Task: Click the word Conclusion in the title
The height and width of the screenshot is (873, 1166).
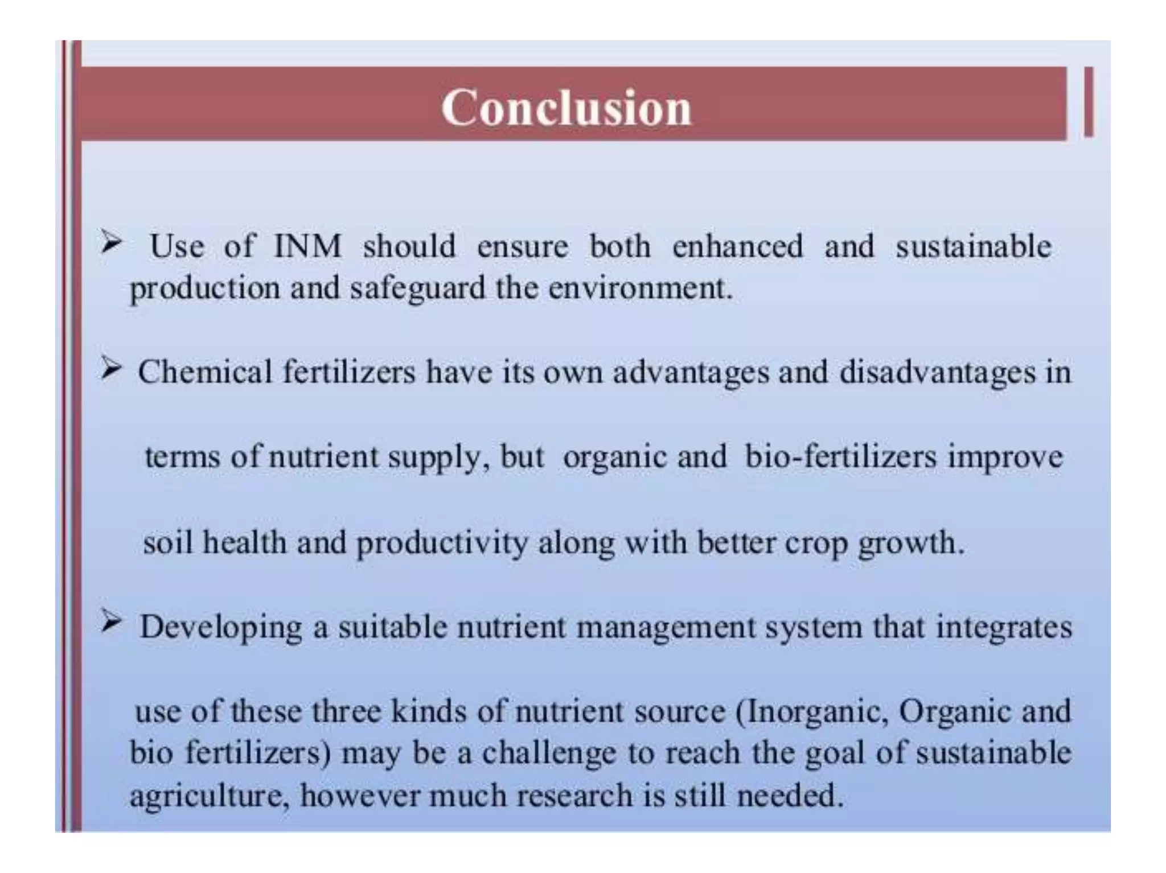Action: point(566,108)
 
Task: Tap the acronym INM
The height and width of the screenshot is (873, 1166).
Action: point(307,246)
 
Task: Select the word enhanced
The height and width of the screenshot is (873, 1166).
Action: point(737,246)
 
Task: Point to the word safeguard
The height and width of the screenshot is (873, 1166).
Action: point(417,289)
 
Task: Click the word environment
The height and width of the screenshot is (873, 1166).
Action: point(639,289)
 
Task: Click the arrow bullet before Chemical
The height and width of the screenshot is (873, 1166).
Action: point(111,370)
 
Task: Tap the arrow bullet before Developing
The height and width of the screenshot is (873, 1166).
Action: point(111,624)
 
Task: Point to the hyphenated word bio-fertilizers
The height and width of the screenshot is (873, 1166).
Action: point(840,457)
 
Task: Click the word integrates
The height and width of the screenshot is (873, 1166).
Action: point(1004,628)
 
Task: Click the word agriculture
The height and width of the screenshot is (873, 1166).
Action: point(206,796)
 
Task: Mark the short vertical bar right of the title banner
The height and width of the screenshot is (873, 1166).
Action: point(1088,102)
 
